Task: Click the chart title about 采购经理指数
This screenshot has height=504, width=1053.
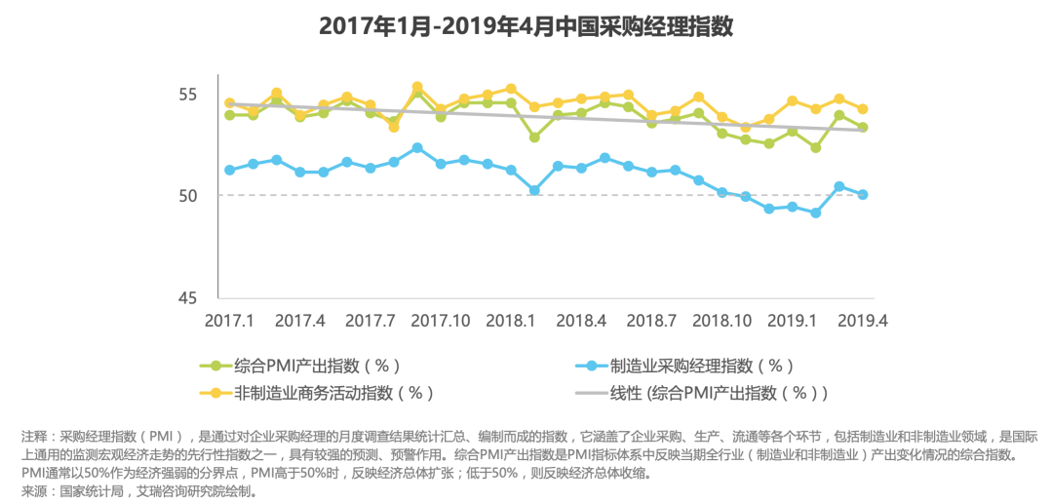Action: coord(526,26)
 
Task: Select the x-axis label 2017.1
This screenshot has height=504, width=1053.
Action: coord(229,321)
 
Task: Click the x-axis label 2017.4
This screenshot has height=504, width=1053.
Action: coord(299,321)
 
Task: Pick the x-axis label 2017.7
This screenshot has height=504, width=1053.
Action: coord(370,321)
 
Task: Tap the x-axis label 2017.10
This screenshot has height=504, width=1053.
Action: coord(440,321)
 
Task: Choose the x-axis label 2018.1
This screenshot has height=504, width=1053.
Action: coord(510,321)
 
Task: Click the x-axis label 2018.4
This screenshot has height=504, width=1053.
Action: coord(581,321)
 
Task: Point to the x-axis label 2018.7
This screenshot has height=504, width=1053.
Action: coord(651,321)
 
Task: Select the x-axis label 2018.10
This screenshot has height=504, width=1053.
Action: coord(721,321)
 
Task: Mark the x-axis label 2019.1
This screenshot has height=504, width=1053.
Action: coord(792,321)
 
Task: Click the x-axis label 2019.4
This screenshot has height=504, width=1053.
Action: coord(862,321)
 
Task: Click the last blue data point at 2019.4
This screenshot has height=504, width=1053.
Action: coord(863,195)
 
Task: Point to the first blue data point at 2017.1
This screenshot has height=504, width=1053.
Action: coord(230,170)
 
